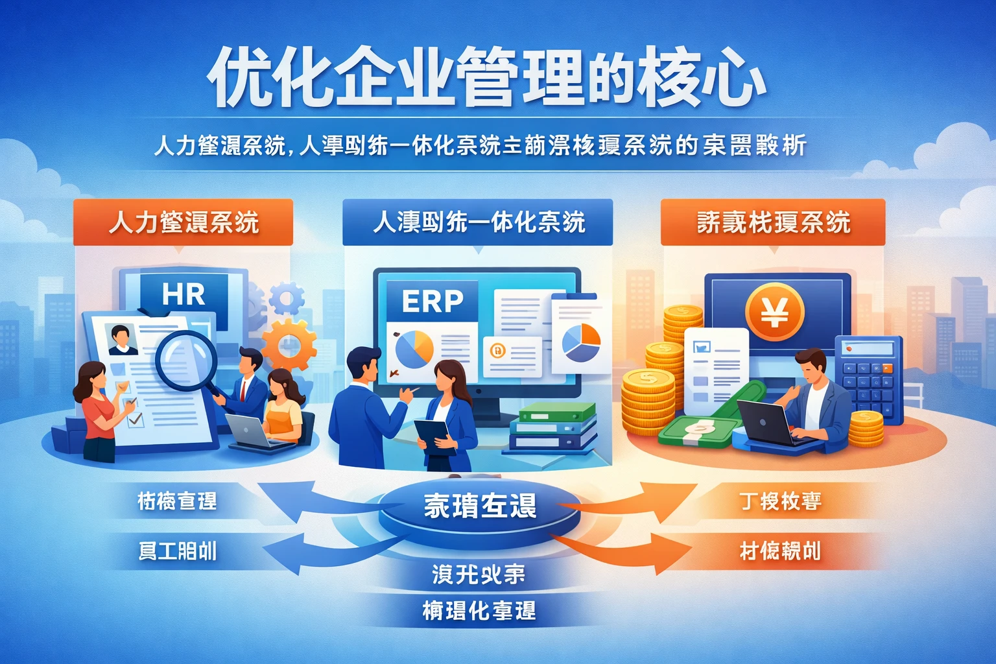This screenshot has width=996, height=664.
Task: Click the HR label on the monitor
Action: pyautogui.click(x=184, y=294)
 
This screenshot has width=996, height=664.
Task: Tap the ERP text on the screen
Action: pyautogui.click(x=433, y=301)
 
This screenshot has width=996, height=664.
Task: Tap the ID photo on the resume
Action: pyautogui.click(x=122, y=340)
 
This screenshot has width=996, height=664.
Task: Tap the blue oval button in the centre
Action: pyautogui.click(x=480, y=506)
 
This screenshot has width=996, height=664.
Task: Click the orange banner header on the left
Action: pyautogui.click(x=183, y=222)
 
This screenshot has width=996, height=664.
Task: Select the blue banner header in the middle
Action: pyautogui.click(x=478, y=222)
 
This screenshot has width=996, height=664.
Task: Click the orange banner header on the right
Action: pyautogui.click(x=773, y=222)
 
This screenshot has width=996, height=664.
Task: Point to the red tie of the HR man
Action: pyautogui.click(x=243, y=390)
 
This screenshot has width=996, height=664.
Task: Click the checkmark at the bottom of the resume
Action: pyautogui.click(x=136, y=420)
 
